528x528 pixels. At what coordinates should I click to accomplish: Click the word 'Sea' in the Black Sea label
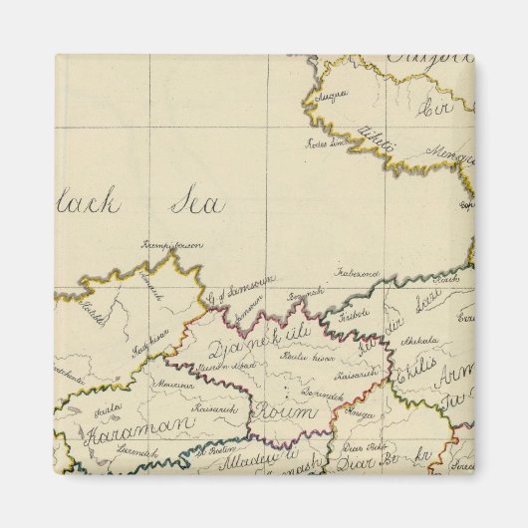click(197, 203)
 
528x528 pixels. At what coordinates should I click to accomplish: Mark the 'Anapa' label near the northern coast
click(332, 97)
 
